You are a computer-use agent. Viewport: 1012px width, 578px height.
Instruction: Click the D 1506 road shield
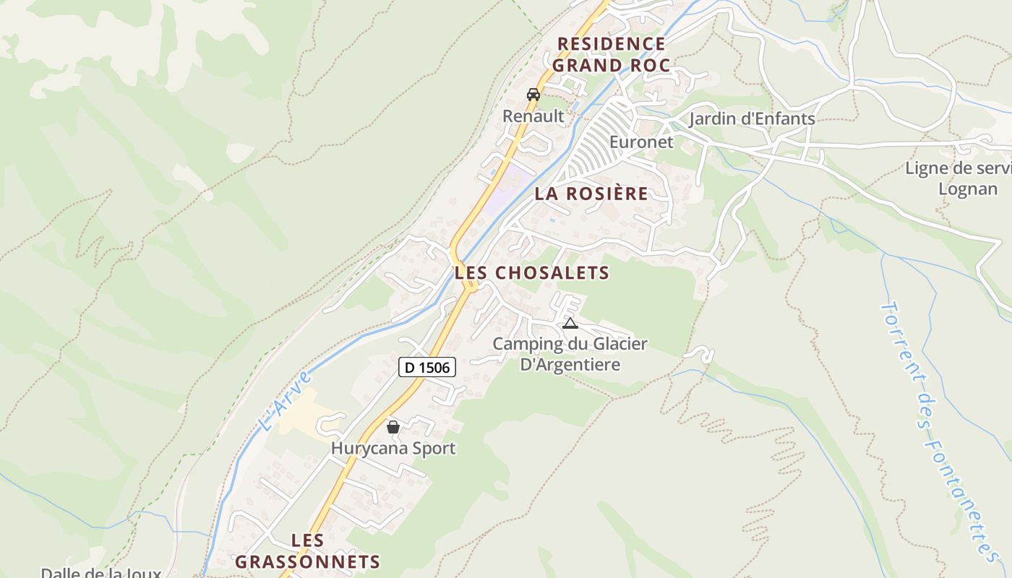[x=426, y=367]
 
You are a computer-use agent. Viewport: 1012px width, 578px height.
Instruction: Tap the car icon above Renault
[x=533, y=95]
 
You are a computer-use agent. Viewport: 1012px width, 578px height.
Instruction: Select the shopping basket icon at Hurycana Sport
[x=393, y=427]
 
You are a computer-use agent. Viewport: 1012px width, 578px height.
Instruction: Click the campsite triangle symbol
[x=570, y=323]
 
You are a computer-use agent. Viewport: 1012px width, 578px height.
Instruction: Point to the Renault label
[x=533, y=116]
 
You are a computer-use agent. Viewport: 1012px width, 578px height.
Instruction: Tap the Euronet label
[x=641, y=142]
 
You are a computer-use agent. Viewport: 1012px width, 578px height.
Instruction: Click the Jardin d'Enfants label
[x=752, y=118]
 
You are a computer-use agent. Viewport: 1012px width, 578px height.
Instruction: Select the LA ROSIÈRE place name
[x=591, y=194]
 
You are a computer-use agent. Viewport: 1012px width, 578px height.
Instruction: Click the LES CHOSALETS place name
[x=532, y=273]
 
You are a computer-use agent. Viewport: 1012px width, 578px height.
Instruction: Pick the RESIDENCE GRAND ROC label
[x=612, y=54]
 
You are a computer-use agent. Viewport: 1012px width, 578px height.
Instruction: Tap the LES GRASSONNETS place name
[x=308, y=551]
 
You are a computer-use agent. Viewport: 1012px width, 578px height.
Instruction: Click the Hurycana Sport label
[x=393, y=448]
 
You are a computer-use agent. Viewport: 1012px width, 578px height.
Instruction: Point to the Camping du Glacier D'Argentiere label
[x=570, y=354]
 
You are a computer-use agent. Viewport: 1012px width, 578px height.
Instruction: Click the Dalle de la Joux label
[x=100, y=573]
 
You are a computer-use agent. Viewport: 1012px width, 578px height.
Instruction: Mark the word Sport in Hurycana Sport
[x=431, y=448]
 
